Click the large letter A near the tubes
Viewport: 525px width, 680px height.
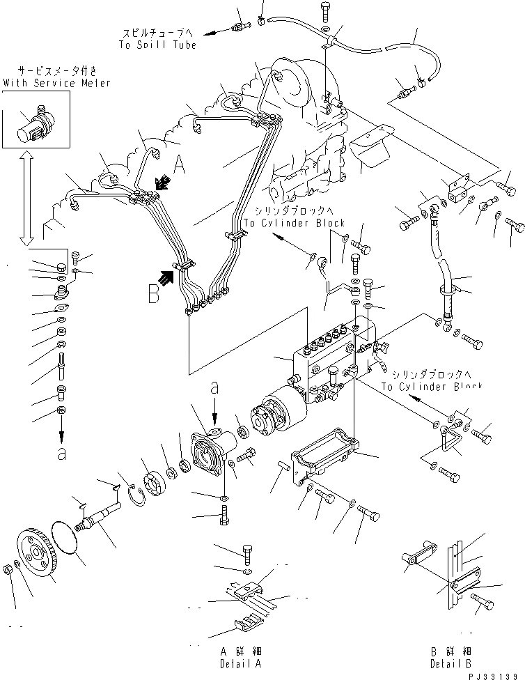[179, 164]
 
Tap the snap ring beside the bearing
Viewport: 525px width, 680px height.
[135, 495]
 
